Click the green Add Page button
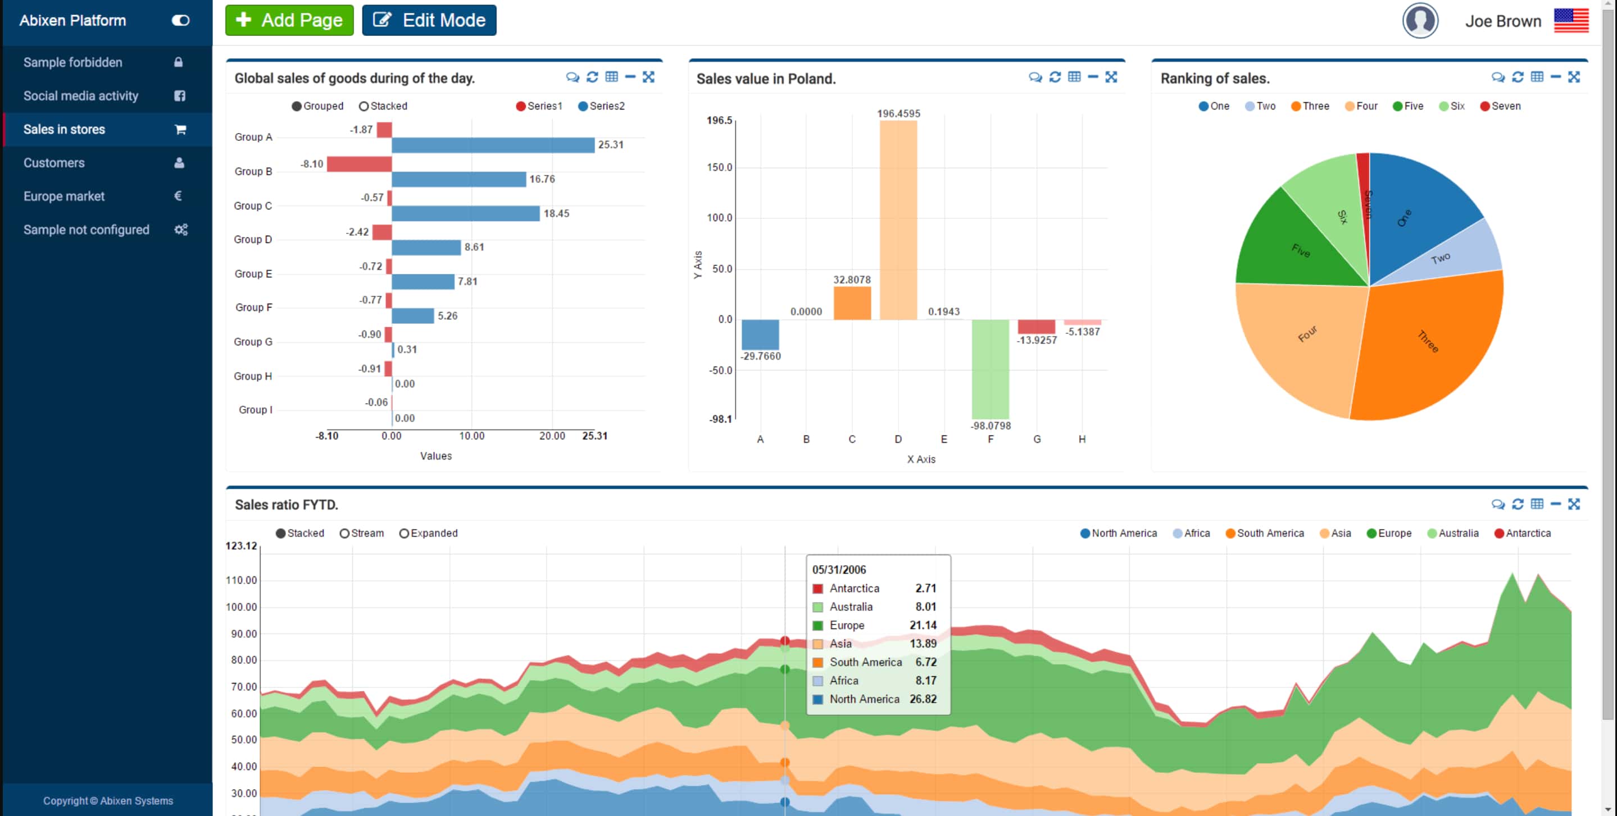[289, 20]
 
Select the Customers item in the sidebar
[54, 163]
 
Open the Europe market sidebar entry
[64, 196]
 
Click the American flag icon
[1570, 21]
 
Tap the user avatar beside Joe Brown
[1420, 21]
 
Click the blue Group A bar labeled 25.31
[493, 145]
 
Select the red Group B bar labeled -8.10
[359, 164]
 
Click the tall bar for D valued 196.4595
[898, 219]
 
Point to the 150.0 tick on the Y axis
[720, 167]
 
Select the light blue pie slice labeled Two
[1462, 254]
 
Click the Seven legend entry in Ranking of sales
[1500, 106]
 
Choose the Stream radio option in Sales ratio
[362, 533]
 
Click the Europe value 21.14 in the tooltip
[922, 625]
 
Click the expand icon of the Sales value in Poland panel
[1111, 77]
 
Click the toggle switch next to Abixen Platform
[180, 21]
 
